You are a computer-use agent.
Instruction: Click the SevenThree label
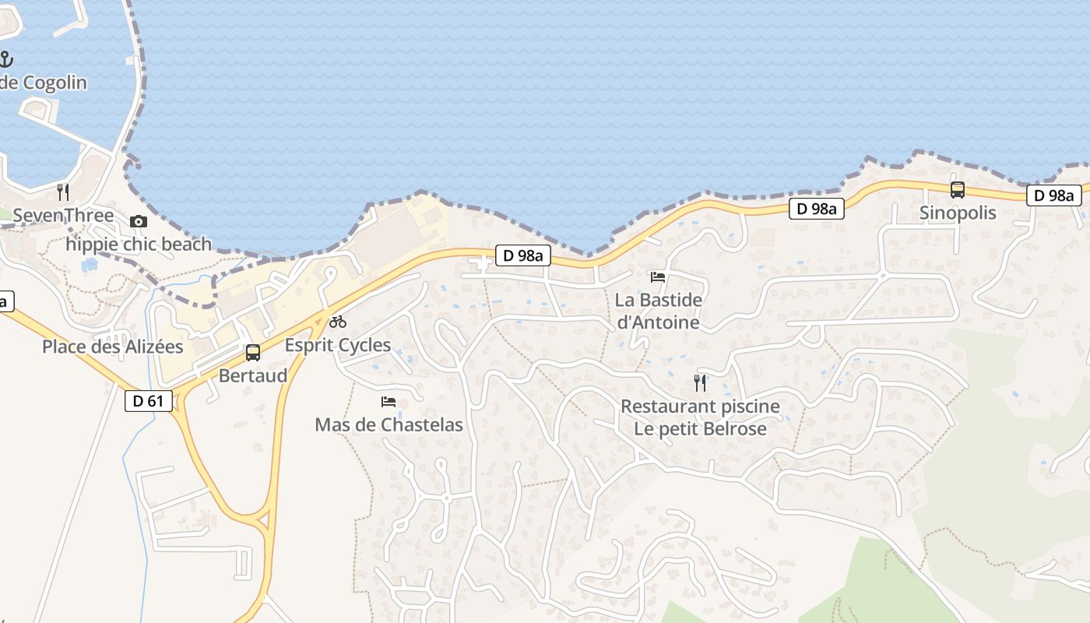tap(64, 216)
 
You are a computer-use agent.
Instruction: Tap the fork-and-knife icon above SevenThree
tap(63, 192)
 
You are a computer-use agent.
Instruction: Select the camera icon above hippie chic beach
tap(139, 221)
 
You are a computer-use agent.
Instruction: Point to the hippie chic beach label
tap(139, 245)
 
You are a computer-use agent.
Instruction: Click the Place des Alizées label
tap(113, 347)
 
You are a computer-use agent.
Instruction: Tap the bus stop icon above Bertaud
tap(253, 352)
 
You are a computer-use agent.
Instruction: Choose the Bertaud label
tap(253, 375)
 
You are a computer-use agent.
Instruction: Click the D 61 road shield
tap(148, 401)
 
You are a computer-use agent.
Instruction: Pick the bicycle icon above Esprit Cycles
tap(338, 321)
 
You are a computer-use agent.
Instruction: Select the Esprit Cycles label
tap(338, 345)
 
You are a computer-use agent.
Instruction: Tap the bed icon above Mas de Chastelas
tap(389, 402)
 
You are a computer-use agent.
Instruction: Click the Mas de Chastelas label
tap(389, 425)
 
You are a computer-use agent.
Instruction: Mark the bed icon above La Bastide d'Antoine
tap(658, 276)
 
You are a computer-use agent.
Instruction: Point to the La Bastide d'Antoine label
tap(658, 311)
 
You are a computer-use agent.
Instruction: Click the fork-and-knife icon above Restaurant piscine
tap(700, 382)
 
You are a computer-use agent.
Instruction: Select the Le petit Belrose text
tap(700, 429)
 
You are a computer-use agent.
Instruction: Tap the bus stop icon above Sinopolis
tap(958, 189)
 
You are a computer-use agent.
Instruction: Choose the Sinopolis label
tap(958, 213)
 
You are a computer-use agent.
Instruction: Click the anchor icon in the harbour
tap(6, 58)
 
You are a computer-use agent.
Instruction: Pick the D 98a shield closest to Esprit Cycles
tap(523, 255)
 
